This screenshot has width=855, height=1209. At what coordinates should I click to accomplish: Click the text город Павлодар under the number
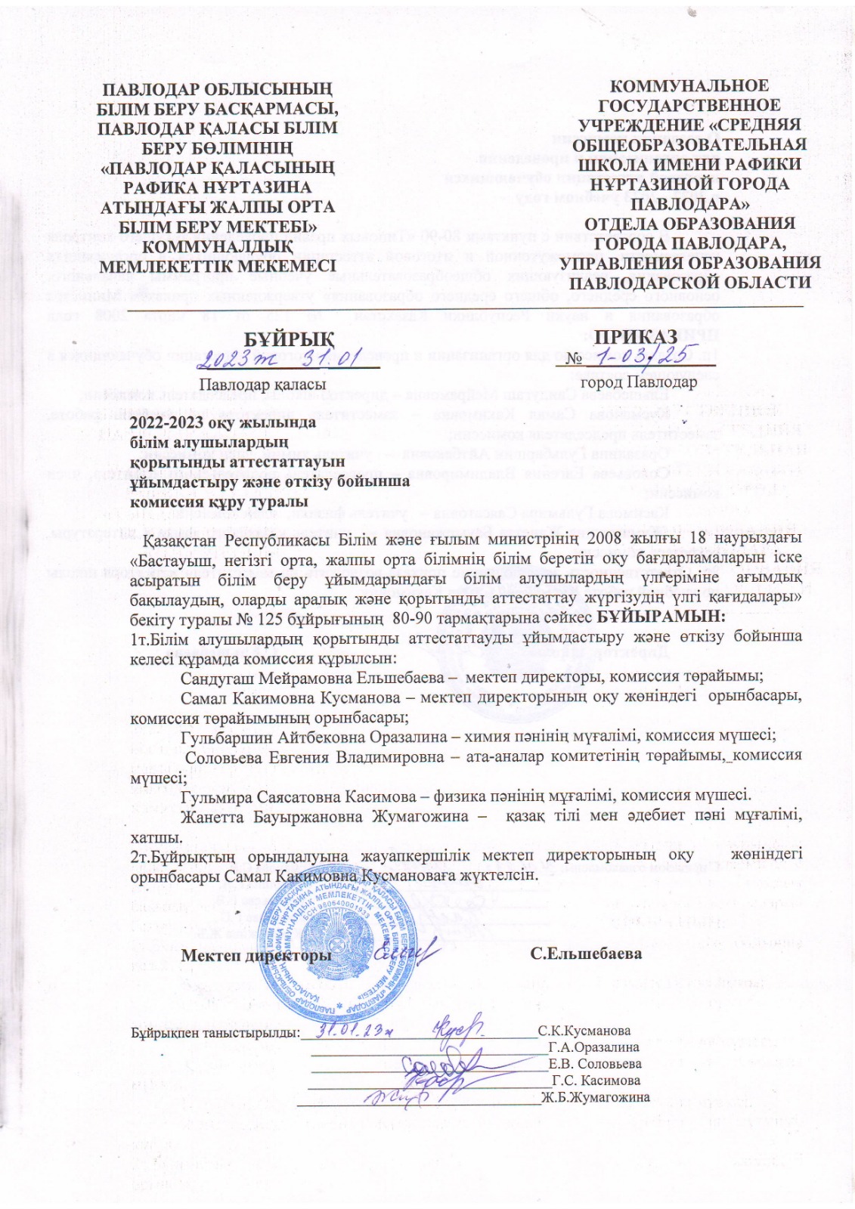(638, 382)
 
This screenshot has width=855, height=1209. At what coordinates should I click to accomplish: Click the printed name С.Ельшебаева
(586, 954)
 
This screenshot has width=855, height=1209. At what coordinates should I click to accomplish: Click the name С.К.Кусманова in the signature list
(584, 1031)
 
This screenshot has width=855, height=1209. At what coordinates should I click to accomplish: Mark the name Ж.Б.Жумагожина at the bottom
(595, 1097)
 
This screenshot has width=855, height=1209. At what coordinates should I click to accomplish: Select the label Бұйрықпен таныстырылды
(216, 1032)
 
